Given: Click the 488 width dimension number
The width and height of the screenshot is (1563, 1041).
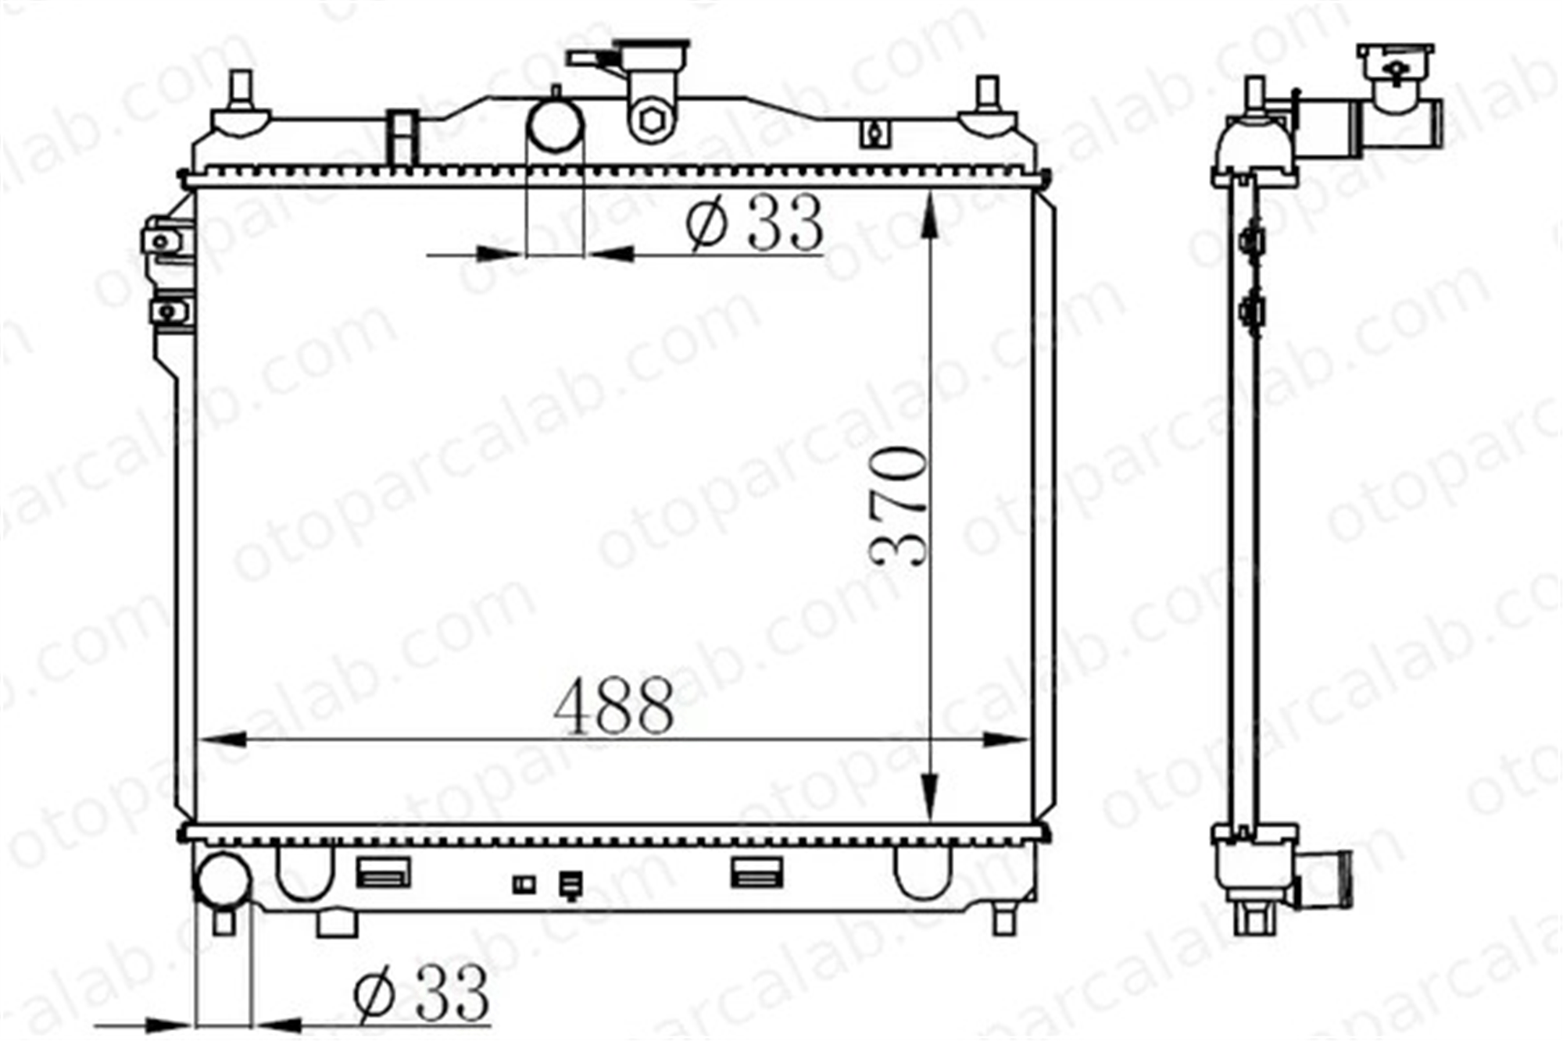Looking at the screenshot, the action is click(613, 705).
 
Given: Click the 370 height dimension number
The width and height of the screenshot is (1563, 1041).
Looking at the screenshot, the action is click(899, 505).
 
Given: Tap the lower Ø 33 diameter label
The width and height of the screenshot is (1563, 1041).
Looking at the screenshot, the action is click(422, 993).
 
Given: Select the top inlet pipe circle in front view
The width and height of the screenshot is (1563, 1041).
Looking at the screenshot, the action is click(556, 125).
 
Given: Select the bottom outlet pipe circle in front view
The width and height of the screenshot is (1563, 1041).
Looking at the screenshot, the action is click(223, 881).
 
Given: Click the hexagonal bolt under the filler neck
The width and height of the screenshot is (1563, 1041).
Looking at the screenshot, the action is click(651, 120).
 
